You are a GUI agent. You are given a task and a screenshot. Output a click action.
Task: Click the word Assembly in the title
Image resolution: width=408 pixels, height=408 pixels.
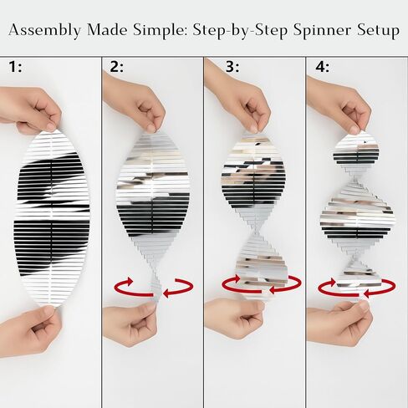click(x=45, y=30)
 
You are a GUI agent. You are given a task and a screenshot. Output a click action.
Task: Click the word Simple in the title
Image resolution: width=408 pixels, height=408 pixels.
click(x=161, y=31)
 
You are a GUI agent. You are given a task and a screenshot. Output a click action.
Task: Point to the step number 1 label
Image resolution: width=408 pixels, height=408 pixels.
click(x=15, y=67)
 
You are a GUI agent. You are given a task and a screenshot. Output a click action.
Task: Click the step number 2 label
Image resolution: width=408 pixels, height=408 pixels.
click(x=116, y=67)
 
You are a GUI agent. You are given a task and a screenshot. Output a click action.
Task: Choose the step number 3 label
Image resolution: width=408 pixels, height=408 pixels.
click(x=232, y=67)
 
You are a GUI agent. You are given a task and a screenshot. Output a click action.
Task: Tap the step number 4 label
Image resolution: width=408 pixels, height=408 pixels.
click(x=323, y=67)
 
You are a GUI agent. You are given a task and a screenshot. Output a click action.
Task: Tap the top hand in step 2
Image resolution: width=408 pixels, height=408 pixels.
click(x=135, y=103)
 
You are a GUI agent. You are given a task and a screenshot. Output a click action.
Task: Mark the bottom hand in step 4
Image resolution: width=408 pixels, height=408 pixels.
click(x=341, y=324)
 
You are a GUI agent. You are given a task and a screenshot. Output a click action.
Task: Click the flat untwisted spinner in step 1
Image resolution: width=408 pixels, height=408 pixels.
click(x=52, y=219)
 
